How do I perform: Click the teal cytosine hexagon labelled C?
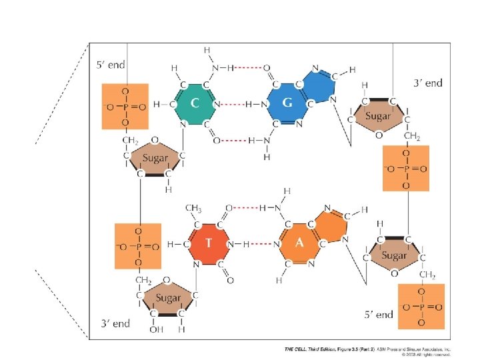coord(194,104)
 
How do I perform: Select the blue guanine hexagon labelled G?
coord(287,104)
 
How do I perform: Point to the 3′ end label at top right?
coord(427,83)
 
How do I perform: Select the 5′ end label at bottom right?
coord(377,314)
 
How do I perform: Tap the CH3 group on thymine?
coord(193,208)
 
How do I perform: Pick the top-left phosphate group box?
coord(124,106)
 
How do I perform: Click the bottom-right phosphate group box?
coord(420,307)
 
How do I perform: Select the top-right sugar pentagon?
coord(377,118)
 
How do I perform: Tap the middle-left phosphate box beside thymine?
coord(138,247)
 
